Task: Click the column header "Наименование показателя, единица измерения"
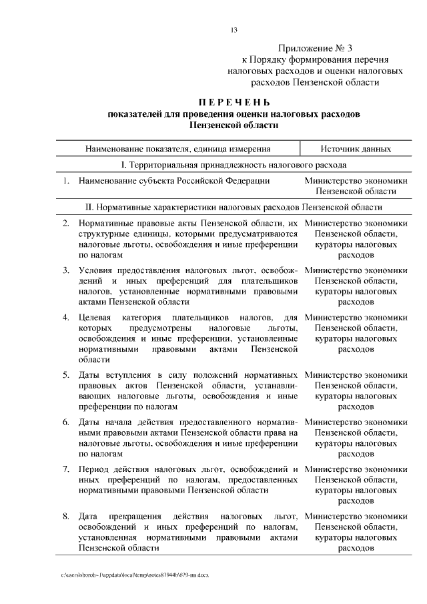pos(177,149)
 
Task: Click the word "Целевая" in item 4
pos(95,316)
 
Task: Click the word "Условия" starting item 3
pos(95,270)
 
